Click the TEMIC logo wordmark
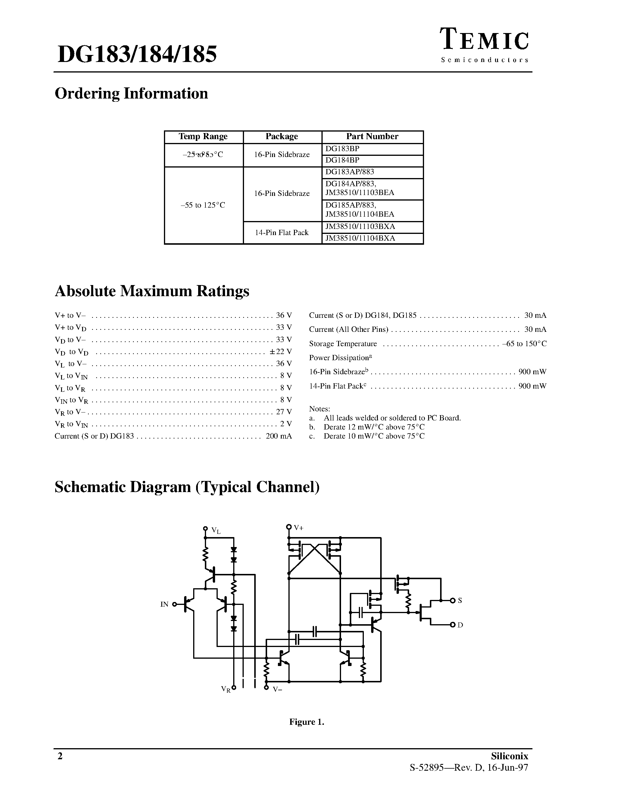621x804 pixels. click(x=485, y=41)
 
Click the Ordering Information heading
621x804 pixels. click(x=131, y=94)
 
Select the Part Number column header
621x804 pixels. click(x=372, y=137)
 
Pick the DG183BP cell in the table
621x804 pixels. click(x=342, y=149)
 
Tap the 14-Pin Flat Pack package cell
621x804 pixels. click(x=282, y=233)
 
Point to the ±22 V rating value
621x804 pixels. click(x=281, y=351)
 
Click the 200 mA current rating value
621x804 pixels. click(x=279, y=436)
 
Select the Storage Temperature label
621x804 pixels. click(x=343, y=344)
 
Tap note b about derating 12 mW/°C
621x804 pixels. click(x=373, y=427)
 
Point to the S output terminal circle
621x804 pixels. click(x=453, y=601)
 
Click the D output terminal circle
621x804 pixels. click(x=453, y=625)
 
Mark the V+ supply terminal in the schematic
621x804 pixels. click(x=289, y=527)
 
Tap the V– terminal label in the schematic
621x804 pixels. click(x=277, y=689)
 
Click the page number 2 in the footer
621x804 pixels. click(x=60, y=756)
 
